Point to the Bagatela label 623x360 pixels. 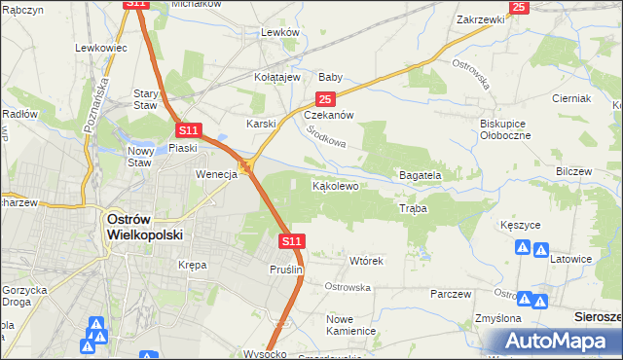pyautogui.click(x=421, y=175)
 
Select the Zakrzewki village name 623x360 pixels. pyautogui.click(x=481, y=18)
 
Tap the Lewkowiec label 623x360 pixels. pyautogui.click(x=102, y=47)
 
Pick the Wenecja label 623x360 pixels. pyautogui.click(x=217, y=174)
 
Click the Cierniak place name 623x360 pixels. pyautogui.click(x=571, y=98)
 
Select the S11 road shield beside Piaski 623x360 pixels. pyautogui.click(x=189, y=129)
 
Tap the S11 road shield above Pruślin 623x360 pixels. pyautogui.click(x=292, y=240)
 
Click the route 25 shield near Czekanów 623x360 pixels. pyautogui.click(x=325, y=99)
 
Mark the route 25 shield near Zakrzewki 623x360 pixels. pyautogui.click(x=518, y=7)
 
